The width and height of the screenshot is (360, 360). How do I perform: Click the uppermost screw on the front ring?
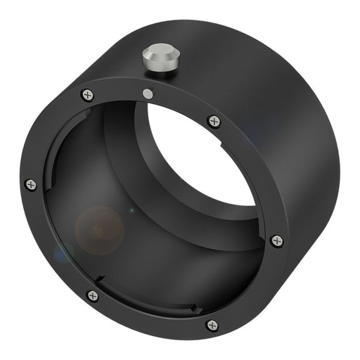[x=87, y=95]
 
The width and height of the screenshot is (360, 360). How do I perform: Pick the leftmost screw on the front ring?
[x=30, y=185]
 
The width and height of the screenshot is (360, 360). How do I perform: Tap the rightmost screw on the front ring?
[x=277, y=240]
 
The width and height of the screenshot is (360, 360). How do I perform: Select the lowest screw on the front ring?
[x=212, y=325]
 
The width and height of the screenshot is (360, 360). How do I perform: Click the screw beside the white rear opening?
[x=214, y=121]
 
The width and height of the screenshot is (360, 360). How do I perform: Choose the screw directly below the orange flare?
[x=92, y=295]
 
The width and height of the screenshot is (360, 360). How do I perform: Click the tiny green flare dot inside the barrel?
[x=131, y=210]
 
